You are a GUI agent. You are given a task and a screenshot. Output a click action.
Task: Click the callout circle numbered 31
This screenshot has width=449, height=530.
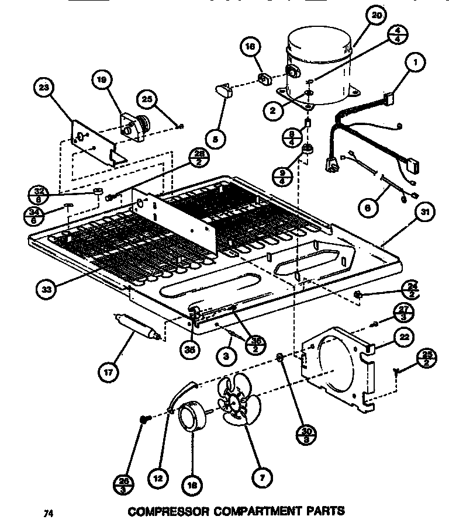pos(426,214)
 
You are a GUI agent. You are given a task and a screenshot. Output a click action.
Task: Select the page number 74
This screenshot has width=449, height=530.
pos(49,514)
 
